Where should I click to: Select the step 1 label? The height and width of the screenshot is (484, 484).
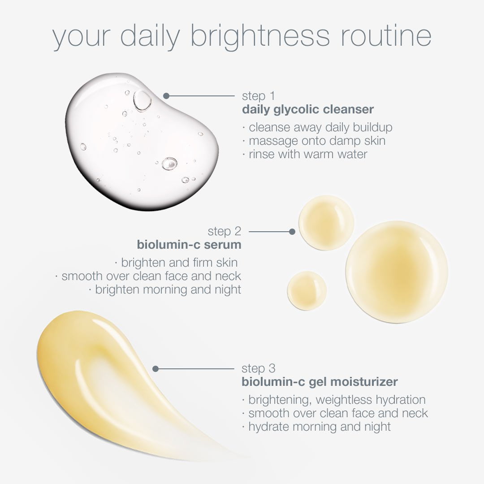[x=258, y=96]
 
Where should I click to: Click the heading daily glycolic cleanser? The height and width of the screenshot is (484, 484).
[x=308, y=109]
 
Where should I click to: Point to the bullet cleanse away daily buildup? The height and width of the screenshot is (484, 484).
[x=318, y=127]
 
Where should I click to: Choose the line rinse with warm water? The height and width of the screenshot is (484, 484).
[x=305, y=154]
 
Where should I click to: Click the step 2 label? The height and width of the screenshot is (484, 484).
[x=225, y=232]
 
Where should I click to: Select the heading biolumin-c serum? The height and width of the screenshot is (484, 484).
[x=189, y=245]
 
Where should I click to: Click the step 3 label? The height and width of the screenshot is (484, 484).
[x=259, y=369]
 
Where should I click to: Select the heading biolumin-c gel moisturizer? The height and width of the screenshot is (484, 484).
[x=320, y=382]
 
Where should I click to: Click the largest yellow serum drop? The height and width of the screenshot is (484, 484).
[x=397, y=272]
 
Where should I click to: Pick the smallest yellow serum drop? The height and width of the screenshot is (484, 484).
[x=307, y=291]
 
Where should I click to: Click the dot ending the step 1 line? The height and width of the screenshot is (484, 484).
[x=166, y=96]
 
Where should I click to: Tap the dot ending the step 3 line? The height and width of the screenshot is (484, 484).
[x=156, y=369]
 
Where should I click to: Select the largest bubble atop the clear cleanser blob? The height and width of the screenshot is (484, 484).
[x=143, y=100]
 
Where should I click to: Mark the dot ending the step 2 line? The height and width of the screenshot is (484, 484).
[x=292, y=232]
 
